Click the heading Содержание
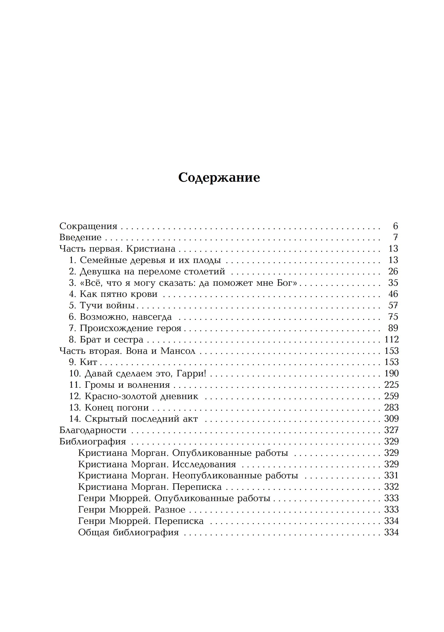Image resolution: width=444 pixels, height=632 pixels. tap(219, 178)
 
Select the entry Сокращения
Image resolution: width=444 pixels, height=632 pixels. tap(88, 226)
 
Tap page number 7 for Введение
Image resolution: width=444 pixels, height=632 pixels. tap(395, 237)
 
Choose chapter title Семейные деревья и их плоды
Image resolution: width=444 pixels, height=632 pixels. tap(150, 260)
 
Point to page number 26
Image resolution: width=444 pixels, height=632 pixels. tap(393, 272)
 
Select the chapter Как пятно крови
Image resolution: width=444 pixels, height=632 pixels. tap(119, 294)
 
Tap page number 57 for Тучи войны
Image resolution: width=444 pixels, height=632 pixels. tap(393, 306)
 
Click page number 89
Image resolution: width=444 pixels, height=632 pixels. tap(393, 328)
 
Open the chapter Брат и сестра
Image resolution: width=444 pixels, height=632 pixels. tap(112, 340)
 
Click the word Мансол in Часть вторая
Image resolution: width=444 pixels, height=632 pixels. tap(178, 351)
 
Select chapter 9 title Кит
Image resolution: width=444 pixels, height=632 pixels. tap(88, 362)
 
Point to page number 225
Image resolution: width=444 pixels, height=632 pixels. tap(391, 385)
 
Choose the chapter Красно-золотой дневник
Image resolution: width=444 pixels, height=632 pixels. tap(141, 396)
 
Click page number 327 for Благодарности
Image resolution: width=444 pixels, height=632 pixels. tap(391, 430)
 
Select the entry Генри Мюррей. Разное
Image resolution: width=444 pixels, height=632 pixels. tap(132, 510)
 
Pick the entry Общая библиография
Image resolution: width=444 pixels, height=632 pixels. tap(128, 532)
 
